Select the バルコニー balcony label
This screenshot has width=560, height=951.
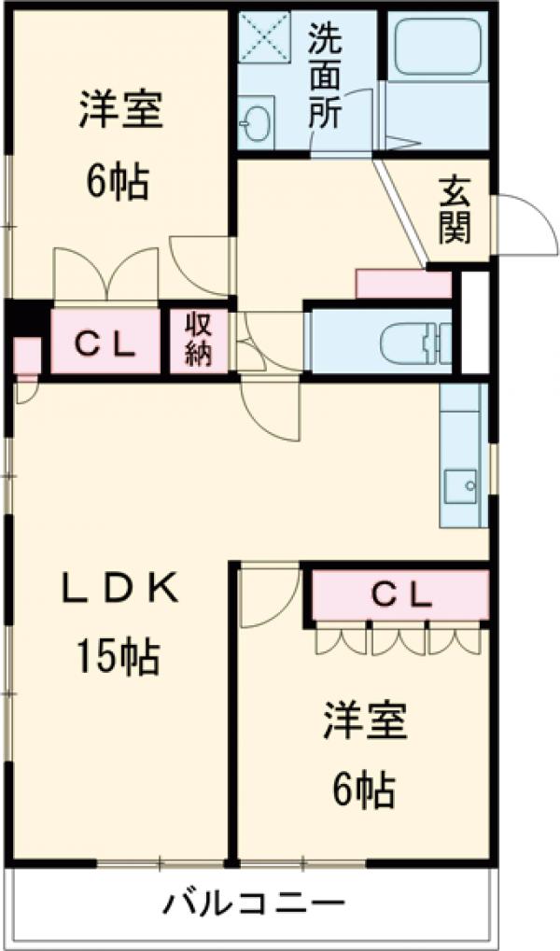click(x=256, y=904)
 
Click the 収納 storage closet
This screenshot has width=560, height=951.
click(x=198, y=341)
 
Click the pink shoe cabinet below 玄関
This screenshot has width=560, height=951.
click(x=403, y=284)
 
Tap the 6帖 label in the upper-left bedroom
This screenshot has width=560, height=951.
click(x=118, y=181)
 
